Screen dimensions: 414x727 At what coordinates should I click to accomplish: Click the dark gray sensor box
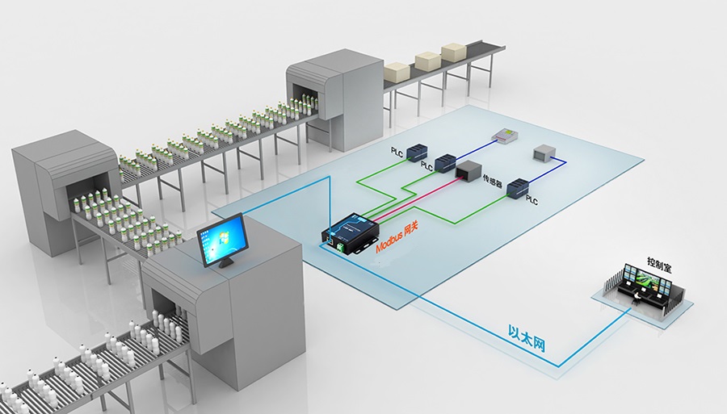[x=468, y=170]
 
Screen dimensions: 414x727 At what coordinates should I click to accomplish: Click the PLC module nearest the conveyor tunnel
[x=418, y=149]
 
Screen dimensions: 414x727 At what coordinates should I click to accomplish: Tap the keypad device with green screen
[x=506, y=136]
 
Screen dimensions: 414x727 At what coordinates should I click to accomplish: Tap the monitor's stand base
[x=226, y=264]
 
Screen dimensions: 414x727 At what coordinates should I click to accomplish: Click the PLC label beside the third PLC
[x=532, y=198]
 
